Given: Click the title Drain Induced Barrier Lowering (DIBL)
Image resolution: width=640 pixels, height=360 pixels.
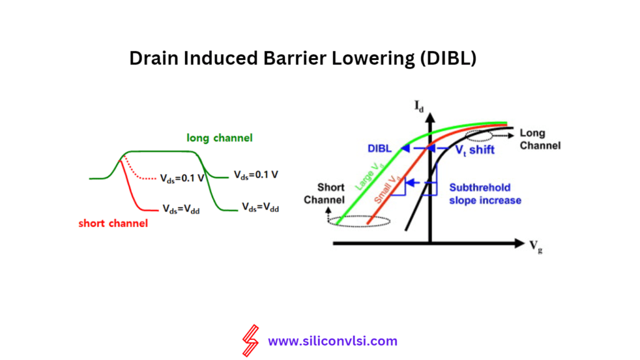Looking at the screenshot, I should point(302,58).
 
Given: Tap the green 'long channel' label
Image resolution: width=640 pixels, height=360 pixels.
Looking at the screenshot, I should point(219,137).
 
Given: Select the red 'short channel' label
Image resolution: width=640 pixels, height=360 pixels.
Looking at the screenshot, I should point(113,223).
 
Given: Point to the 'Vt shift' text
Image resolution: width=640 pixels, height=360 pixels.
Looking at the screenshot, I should point(473,149).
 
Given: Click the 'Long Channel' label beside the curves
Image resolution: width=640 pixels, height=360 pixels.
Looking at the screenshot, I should point(540,139).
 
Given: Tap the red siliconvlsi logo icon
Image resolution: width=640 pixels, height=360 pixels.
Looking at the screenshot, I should point(251,341).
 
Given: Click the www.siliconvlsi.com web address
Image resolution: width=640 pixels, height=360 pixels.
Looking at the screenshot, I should point(332,341).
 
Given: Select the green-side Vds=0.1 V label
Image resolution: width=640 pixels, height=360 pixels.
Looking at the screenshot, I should point(256,174).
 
